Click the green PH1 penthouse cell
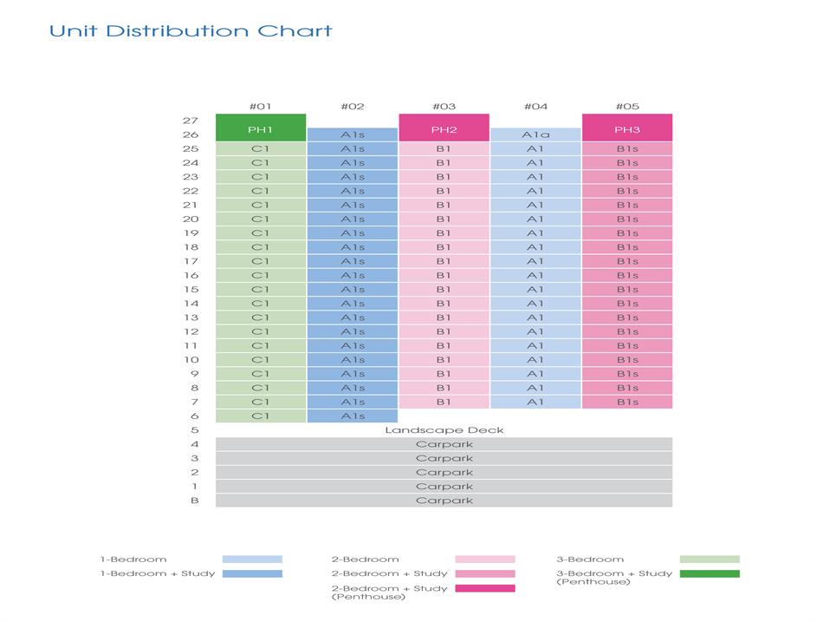click(261, 128)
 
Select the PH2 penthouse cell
click(444, 128)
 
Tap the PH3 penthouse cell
click(626, 128)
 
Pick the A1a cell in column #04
click(535, 134)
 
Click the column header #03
click(444, 107)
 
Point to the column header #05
click(626, 107)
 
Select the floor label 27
click(191, 121)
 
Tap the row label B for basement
click(194, 501)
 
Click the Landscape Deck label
click(444, 430)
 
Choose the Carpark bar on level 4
click(444, 444)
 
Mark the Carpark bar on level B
click(444, 501)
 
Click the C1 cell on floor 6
click(261, 416)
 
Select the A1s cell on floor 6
click(353, 416)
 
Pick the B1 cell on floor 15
click(444, 290)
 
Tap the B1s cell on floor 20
click(626, 219)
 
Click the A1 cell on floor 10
click(535, 360)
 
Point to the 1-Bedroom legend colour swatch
click(252, 560)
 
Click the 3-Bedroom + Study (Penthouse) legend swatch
click(710, 573)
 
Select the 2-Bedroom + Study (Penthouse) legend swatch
click(484, 588)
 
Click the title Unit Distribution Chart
click(191, 31)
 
